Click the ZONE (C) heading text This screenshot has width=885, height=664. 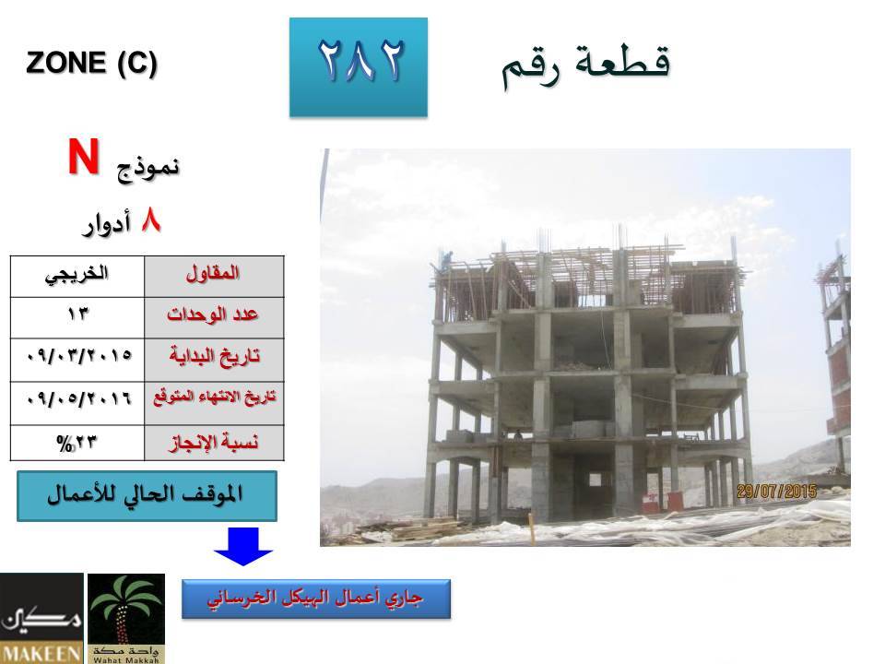(91, 62)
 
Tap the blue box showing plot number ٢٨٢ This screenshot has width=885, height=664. (359, 67)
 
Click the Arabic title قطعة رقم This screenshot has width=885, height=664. (586, 65)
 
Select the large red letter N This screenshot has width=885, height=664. (84, 157)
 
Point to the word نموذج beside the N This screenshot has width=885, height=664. (147, 168)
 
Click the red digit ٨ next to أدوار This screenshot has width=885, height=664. (150, 220)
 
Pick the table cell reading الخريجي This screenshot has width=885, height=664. (77, 277)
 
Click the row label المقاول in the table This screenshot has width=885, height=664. (214, 277)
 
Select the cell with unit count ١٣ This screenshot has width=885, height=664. (77, 318)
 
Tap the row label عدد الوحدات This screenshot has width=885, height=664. (214, 318)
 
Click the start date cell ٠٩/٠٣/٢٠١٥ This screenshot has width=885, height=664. (77, 361)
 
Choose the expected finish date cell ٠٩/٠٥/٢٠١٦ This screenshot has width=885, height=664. (77, 403)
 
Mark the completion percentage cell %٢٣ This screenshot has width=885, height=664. (77, 443)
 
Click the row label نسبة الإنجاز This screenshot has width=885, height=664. (214, 443)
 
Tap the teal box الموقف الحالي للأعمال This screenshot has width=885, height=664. (147, 496)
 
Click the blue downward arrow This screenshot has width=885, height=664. (243, 546)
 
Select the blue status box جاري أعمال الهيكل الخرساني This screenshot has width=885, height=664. (316, 599)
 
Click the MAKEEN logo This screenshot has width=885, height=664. (41, 618)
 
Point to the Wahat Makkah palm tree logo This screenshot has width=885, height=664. (126, 618)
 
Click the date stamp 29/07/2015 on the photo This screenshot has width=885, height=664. (776, 492)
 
